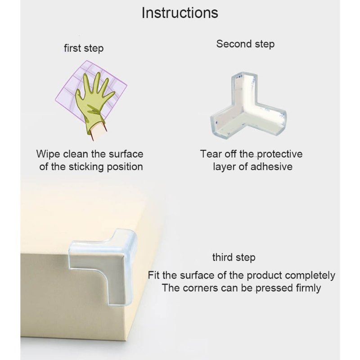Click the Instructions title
180,13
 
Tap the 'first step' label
84,49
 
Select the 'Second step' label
245,44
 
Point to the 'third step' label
234,257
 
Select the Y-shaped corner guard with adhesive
248,106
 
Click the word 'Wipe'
48,154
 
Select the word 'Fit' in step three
153,275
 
